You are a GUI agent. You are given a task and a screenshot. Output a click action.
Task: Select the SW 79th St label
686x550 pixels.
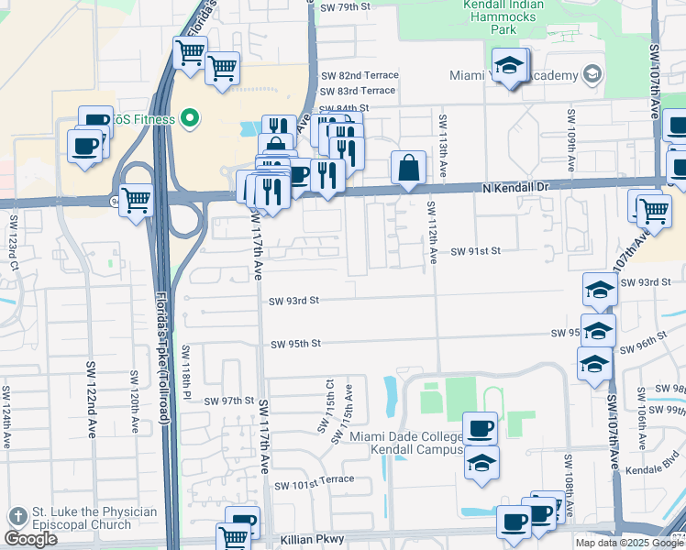tap(345, 6)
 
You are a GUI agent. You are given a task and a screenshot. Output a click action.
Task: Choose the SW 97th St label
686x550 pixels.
tap(228, 401)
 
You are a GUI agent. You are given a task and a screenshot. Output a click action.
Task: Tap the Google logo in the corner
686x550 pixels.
tap(30, 539)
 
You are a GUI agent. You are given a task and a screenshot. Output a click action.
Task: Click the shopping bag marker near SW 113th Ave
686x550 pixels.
tap(408, 169)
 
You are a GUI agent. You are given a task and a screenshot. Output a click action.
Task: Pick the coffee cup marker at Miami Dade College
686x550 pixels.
tap(481, 427)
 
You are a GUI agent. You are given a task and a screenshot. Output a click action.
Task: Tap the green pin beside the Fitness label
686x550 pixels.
tap(190, 117)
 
